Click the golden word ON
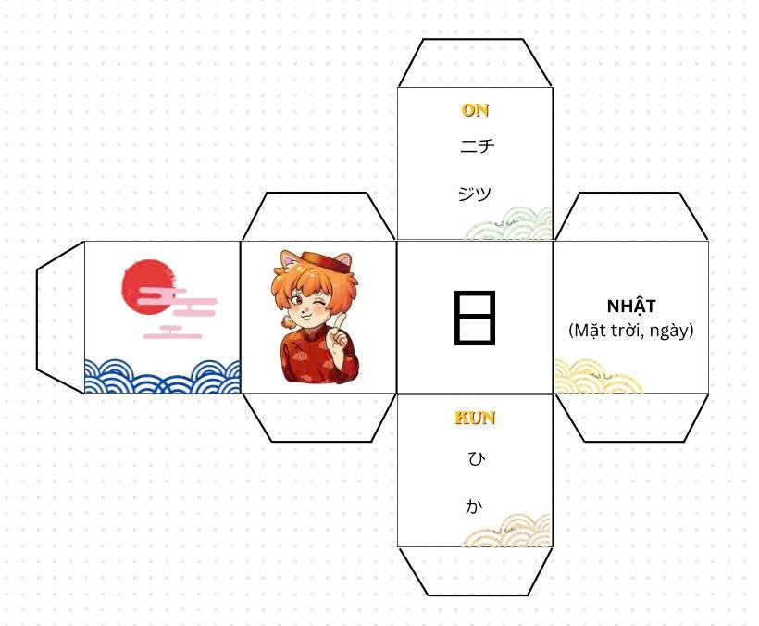475,110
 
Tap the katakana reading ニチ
478,145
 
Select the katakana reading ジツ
475,194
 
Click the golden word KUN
475,418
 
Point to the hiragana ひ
477,458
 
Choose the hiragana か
474,507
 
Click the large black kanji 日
475,318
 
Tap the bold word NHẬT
631,306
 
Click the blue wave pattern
162,376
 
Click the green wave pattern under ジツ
508,224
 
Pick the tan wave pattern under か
507,532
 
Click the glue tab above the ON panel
475,63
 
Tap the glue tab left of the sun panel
60,317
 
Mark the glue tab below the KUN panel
475,571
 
